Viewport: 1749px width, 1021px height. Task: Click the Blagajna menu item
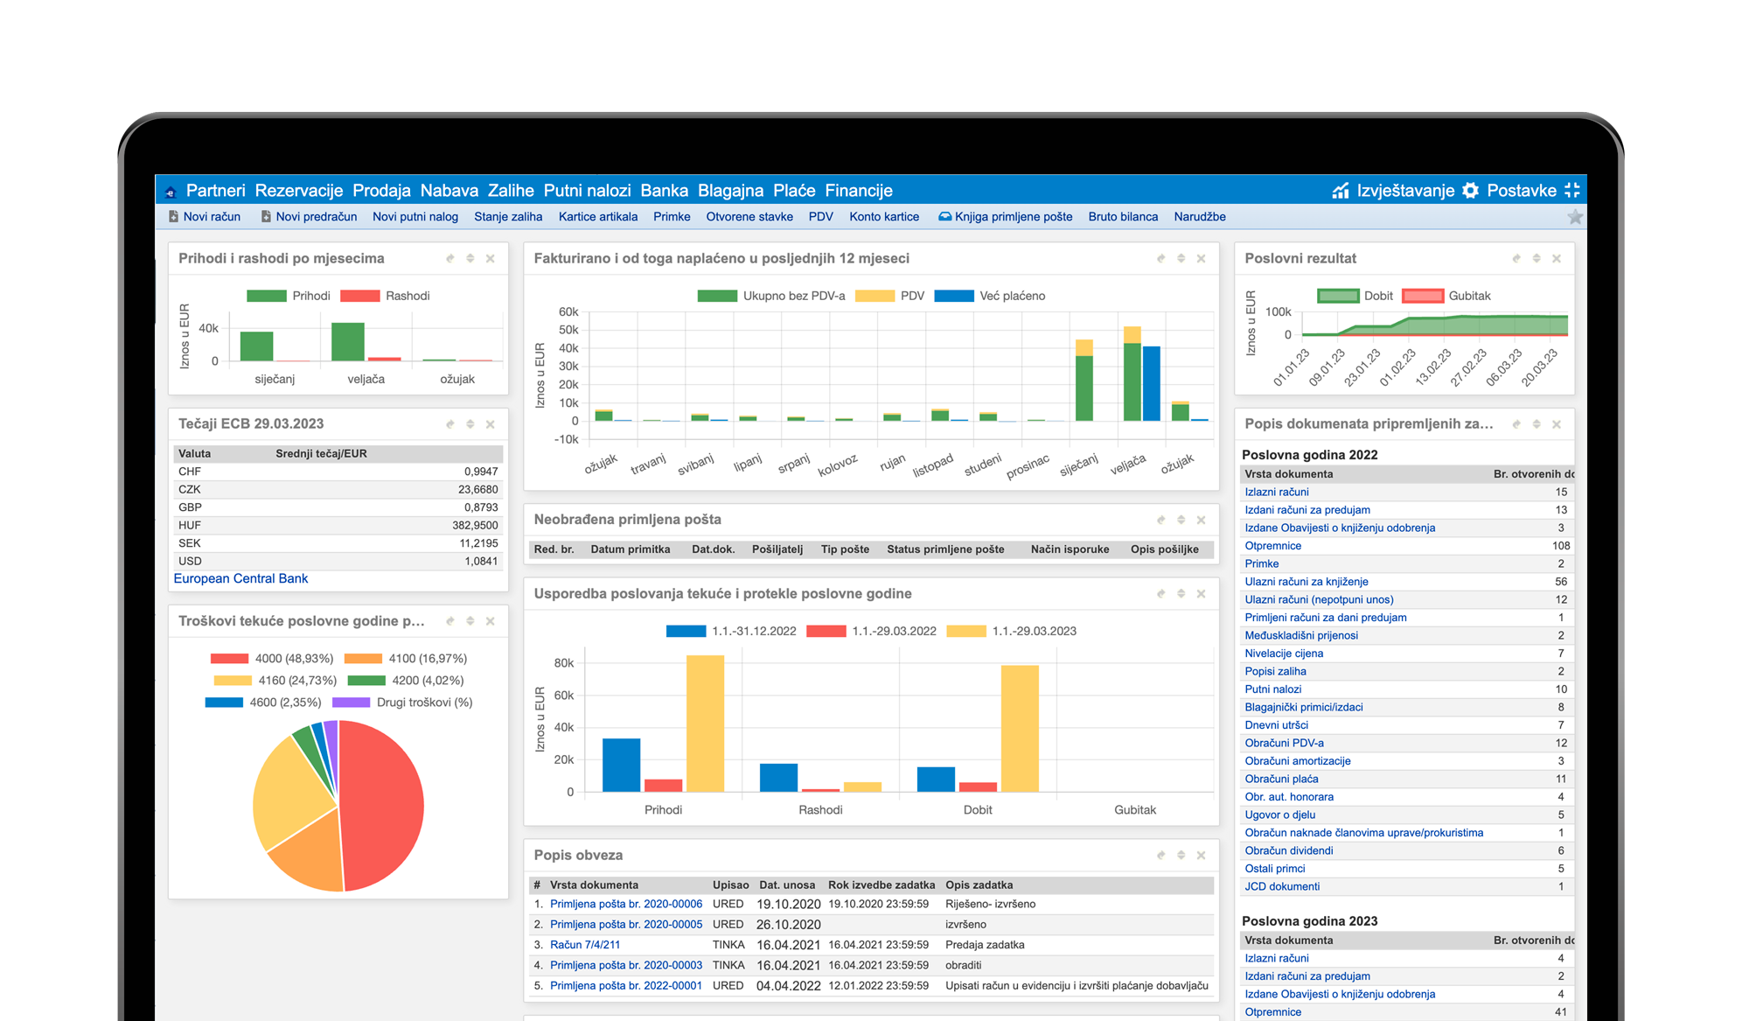(730, 191)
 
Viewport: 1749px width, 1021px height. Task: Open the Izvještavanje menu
(1404, 191)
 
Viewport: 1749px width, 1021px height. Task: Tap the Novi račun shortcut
(211, 217)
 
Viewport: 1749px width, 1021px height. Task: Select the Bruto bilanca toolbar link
(1123, 217)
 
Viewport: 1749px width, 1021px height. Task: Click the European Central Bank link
(240, 578)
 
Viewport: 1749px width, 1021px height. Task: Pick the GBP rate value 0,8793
(481, 507)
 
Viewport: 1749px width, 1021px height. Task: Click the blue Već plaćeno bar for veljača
(1152, 383)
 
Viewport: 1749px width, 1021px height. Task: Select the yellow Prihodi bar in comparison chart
(705, 723)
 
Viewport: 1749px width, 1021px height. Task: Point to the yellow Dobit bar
(1020, 728)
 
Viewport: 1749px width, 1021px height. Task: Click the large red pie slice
(385, 805)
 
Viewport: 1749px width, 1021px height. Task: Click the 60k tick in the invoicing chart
(568, 312)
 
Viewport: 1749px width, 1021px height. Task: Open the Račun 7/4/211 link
(585, 945)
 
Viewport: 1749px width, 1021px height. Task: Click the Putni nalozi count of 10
(1561, 689)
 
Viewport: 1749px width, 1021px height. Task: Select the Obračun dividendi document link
(1289, 850)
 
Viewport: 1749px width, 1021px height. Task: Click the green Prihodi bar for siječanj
(256, 346)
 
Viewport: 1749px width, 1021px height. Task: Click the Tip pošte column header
(845, 549)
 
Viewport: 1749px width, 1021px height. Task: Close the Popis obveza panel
(1201, 856)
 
